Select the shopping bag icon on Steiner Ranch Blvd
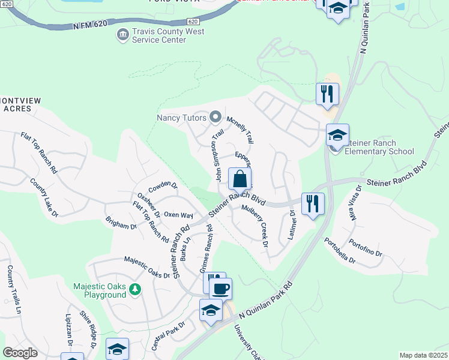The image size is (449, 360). [240, 179]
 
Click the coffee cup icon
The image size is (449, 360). [220, 289]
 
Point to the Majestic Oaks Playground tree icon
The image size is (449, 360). [136, 290]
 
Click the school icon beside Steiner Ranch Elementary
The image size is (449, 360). [338, 136]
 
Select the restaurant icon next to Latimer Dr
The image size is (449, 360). [313, 204]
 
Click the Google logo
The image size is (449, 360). [20, 353]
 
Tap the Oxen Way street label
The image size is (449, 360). [178, 215]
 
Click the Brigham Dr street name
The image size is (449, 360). [121, 226]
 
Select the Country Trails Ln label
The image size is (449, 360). [14, 290]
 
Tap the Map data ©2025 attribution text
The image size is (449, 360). [423, 355]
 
